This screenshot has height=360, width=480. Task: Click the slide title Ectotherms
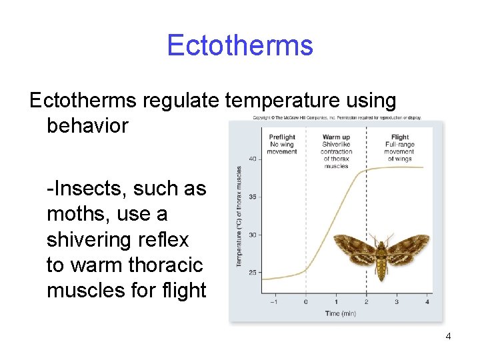[239, 45]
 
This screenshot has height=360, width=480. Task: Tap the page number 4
[448, 336]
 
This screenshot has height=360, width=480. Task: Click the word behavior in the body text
[87, 125]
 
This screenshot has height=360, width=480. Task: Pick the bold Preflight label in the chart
[282, 137]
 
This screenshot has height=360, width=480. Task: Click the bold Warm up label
[336, 137]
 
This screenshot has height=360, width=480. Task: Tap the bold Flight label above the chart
[400, 137]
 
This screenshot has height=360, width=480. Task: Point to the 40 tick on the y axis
[253, 159]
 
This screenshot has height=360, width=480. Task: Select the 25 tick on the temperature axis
[253, 272]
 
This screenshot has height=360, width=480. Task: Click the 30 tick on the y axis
[253, 235]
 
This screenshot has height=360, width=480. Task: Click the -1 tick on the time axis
[274, 302]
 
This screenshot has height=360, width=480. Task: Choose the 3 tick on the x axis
[397, 302]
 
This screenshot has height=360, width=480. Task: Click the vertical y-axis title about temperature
[238, 217]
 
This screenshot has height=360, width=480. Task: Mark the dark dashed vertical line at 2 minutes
[366, 200]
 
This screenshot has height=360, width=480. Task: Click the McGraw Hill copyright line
[336, 118]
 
